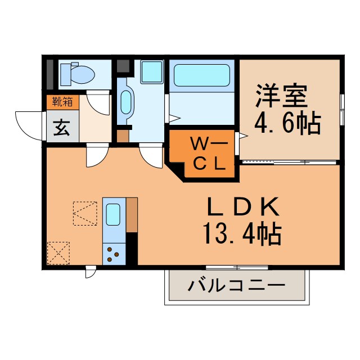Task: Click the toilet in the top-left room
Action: [x=78, y=74]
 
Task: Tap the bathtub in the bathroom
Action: [x=202, y=75]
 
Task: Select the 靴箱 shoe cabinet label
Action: [x=62, y=102]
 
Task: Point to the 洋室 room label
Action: [x=282, y=96]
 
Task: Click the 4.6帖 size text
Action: [x=287, y=124]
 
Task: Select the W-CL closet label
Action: [x=209, y=154]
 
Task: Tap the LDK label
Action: [x=244, y=206]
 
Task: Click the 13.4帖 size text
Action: [x=242, y=234]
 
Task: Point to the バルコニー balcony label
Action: [x=236, y=286]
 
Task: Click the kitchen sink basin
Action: [x=113, y=214]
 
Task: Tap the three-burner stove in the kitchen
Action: [x=114, y=254]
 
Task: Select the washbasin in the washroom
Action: [x=126, y=102]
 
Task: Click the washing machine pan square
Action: [x=152, y=71]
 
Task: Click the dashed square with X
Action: [x=58, y=253]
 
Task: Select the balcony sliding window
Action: [x=237, y=268]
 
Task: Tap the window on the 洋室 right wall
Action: [x=342, y=110]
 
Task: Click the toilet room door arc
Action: [x=97, y=102]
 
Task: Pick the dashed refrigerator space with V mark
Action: [x=85, y=214]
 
